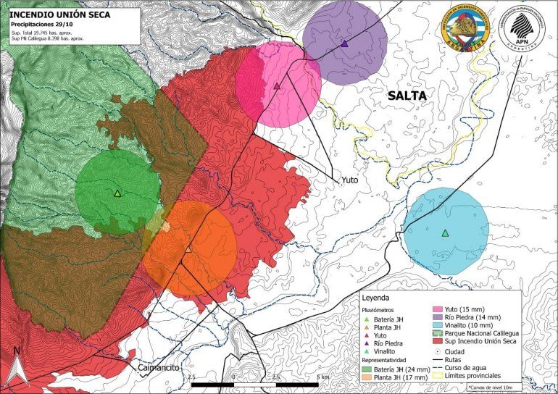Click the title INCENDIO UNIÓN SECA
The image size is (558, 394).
59,13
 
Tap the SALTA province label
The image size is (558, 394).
407,96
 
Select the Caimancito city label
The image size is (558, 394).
157,368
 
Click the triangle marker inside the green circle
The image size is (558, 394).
117,193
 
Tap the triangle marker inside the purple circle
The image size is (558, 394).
344,43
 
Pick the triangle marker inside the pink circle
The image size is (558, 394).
277,85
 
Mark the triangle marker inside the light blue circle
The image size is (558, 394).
445,232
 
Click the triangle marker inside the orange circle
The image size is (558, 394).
188,248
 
